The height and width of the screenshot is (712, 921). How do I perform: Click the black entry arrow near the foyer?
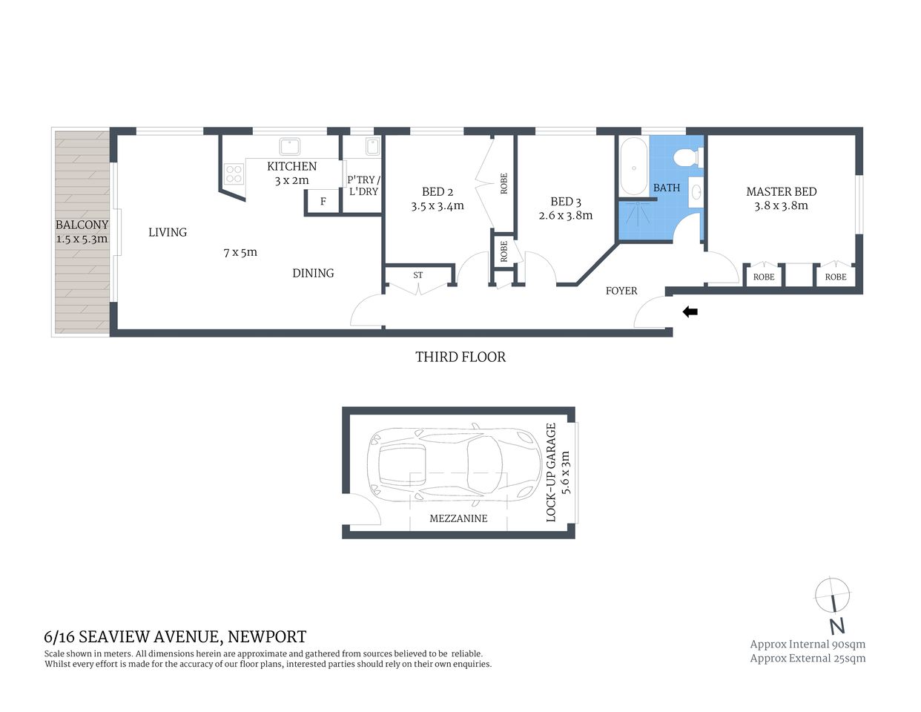690,312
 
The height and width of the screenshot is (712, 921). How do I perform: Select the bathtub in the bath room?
633,166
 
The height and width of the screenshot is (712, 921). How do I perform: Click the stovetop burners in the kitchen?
234,174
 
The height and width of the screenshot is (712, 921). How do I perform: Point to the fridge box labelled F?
323,202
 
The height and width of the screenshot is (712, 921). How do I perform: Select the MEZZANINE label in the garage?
458,518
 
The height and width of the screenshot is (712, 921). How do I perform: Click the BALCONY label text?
82,225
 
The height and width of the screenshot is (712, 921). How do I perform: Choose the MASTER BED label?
781,191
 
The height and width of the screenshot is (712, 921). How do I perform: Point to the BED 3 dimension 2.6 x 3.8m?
565,216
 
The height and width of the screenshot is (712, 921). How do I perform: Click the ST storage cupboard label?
417,275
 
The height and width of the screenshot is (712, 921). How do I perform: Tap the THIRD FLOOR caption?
460,357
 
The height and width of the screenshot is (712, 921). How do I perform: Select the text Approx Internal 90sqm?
807,644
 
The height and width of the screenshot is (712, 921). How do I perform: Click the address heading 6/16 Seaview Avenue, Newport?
175,636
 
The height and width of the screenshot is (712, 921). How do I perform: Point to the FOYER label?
621,291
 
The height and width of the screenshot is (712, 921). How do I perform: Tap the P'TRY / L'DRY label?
363,185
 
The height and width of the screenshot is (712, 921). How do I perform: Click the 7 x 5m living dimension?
240,252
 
